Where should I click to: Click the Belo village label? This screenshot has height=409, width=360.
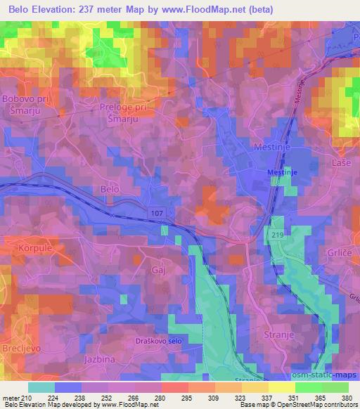[x=110, y=190]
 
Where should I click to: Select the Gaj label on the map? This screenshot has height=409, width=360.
[x=157, y=269]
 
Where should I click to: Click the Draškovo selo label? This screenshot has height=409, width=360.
[x=162, y=340]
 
